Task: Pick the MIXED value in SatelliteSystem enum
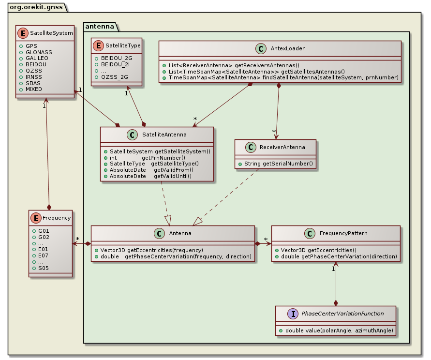coord(34,90)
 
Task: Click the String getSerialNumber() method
coord(275,164)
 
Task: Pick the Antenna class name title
coord(180,233)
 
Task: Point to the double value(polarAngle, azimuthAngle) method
coord(336,330)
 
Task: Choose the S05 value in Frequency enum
coord(44,268)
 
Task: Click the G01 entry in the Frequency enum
coord(44,231)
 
